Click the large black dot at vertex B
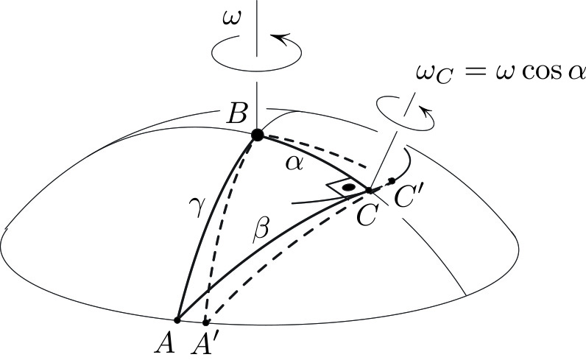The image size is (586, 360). (257, 135)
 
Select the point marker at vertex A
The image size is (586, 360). (177, 320)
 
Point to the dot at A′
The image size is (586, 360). (205, 322)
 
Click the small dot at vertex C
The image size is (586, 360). (369, 190)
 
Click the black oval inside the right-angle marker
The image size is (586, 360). (348, 188)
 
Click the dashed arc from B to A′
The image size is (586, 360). (227, 236)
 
